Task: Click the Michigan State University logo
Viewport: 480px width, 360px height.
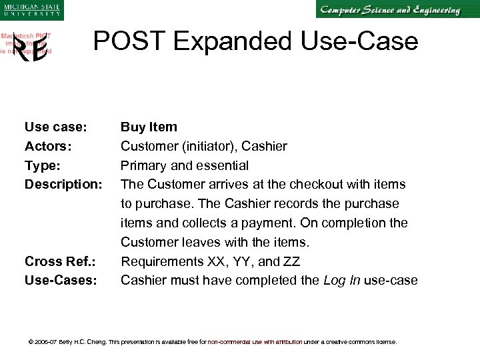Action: point(31,10)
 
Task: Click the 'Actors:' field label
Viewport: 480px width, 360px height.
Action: point(48,146)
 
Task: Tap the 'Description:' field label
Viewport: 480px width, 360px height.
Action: point(63,184)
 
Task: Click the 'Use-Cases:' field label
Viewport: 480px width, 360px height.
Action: point(61,281)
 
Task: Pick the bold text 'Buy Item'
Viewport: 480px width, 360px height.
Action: point(149,127)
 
